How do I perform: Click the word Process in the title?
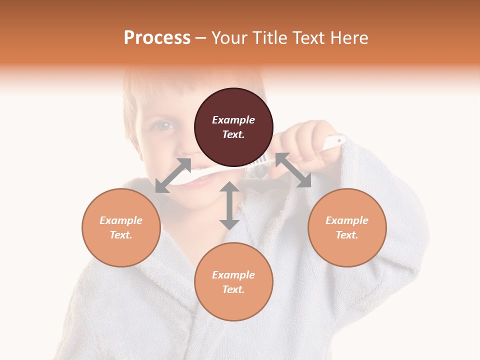(157, 37)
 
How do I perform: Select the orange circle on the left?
(121, 227)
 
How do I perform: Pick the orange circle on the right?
(347, 227)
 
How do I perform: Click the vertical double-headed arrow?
(229, 205)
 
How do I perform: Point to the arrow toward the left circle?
(173, 175)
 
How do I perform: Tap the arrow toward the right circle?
(293, 170)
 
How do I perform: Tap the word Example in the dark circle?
(233, 120)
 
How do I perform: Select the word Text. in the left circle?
(121, 235)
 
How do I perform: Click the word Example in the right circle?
(347, 220)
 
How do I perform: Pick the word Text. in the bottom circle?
(233, 289)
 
